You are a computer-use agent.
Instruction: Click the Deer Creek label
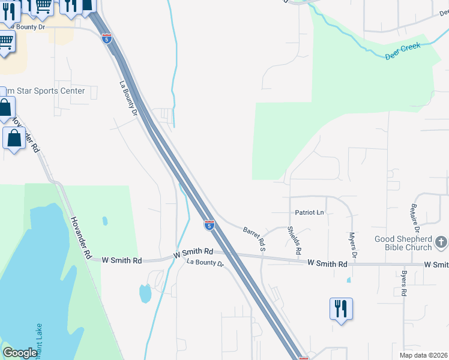tap(403, 52)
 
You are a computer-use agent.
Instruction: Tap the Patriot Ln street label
tap(310, 212)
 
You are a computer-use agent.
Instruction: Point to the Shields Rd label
tap(293, 241)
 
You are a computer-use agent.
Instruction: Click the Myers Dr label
tap(353, 245)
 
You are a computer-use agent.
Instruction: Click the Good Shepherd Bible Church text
tap(403, 243)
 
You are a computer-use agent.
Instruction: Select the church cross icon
tap(441, 242)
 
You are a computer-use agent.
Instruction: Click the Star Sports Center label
tap(44, 91)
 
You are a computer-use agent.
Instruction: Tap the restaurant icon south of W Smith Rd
tap(340, 308)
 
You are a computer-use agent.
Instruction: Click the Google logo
tap(20, 353)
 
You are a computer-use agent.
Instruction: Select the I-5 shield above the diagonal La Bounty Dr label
tap(106, 39)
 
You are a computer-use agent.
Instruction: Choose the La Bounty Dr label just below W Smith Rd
tap(205, 263)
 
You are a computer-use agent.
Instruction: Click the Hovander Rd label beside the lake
tap(80, 238)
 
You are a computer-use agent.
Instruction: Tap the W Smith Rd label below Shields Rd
tap(328, 263)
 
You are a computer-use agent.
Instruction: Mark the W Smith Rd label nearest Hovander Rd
tap(122, 260)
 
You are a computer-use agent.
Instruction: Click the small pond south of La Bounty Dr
tap(145, 293)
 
